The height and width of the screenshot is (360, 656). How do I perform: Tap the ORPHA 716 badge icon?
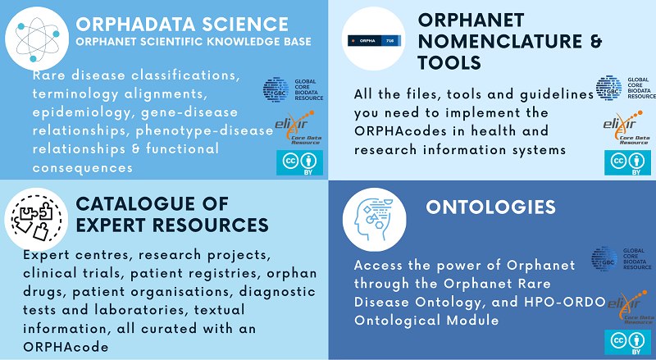coord(367,39)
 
